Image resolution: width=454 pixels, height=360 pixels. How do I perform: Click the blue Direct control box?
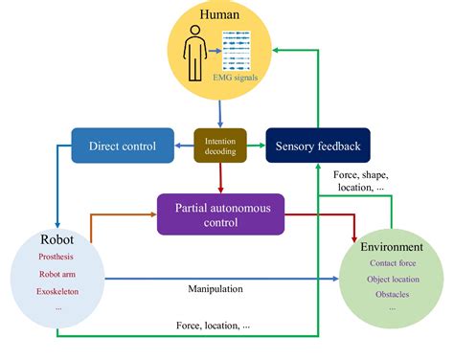coord(123,146)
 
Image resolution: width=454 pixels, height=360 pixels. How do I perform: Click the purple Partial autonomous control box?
coord(222,214)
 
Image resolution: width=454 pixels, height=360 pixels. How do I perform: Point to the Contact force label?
coord(393,261)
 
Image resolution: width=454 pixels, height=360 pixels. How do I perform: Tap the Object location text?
coord(393,278)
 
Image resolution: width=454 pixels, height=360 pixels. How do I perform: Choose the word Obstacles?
coord(393,294)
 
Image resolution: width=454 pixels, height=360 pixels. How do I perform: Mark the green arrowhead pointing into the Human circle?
coord(274,49)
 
